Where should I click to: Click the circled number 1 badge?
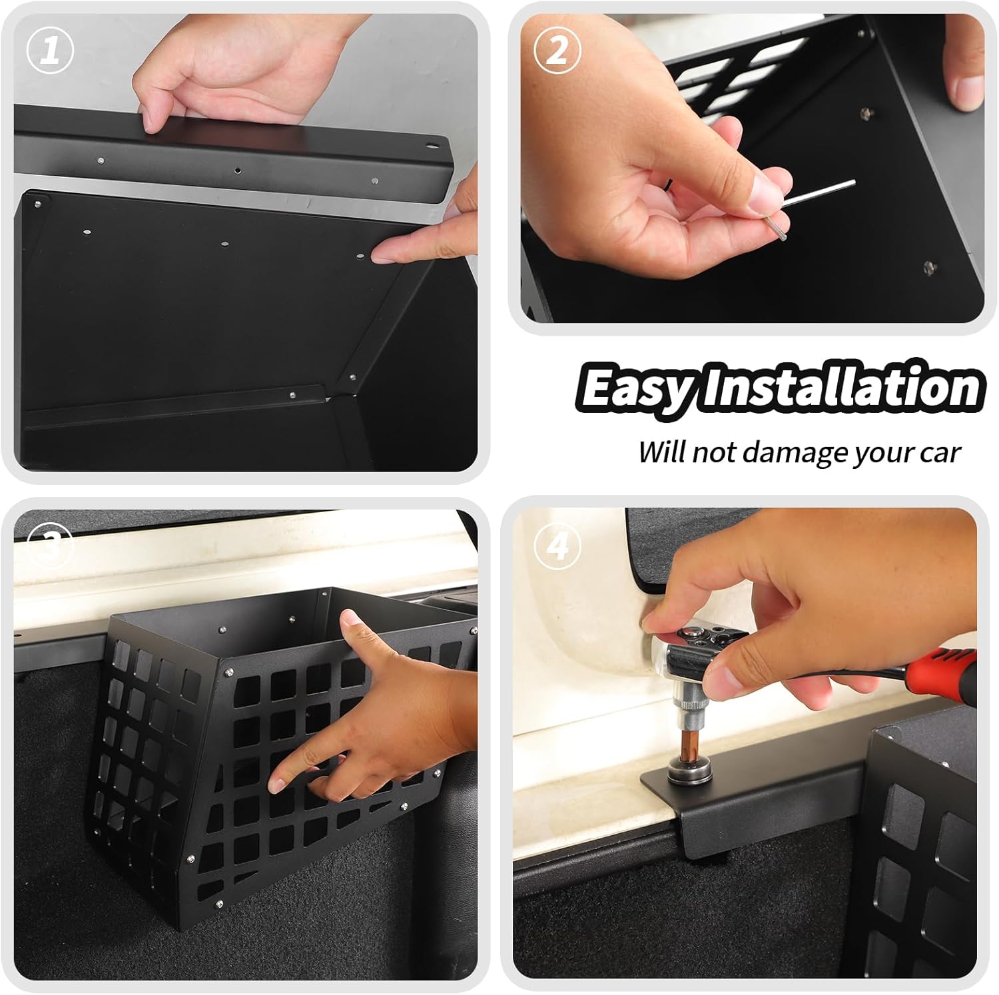click(x=50, y=51)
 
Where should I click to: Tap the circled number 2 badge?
click(x=558, y=51)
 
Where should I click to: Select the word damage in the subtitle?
click(x=787, y=453)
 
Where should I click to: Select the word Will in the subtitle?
click(x=661, y=452)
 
